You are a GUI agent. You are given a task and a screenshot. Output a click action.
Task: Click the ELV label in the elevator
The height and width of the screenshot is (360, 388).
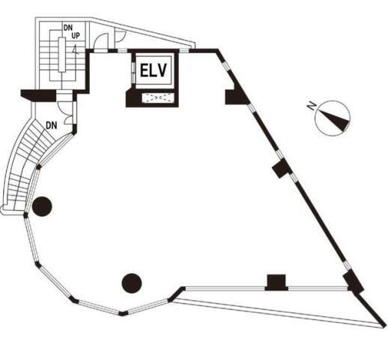pyautogui.click(x=154, y=70)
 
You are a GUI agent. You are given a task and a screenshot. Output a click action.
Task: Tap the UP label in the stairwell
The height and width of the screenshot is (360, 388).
pyautogui.click(x=76, y=36)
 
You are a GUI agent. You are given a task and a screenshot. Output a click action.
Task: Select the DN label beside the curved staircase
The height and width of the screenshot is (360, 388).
pyautogui.click(x=52, y=125)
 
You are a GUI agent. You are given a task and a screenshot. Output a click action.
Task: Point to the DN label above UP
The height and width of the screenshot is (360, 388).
pyautogui.click(x=67, y=28)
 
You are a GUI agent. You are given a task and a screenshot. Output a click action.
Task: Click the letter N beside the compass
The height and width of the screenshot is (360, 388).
pyautogui.click(x=312, y=106)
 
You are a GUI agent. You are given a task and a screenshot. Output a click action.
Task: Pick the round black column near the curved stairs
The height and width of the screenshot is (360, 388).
pyautogui.click(x=42, y=206)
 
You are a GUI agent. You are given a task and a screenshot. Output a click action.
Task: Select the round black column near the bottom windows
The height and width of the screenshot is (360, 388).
pyautogui.click(x=132, y=283)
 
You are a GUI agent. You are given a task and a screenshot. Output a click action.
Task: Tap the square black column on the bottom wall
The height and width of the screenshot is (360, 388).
pyautogui.click(x=276, y=283)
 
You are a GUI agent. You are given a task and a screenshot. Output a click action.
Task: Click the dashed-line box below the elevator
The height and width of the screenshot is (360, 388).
pyautogui.click(x=158, y=97)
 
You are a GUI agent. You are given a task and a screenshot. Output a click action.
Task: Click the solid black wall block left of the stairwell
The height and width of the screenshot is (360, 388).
pyautogui.click(x=38, y=95)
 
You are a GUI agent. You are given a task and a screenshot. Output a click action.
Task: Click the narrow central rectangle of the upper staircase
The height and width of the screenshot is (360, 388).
pyautogui.click(x=62, y=55)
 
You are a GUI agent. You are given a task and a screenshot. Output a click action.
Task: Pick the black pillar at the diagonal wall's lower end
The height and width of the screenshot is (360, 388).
pyautogui.click(x=353, y=283)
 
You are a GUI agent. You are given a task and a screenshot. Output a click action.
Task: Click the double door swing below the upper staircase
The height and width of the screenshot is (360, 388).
pyautogui.click(x=67, y=112)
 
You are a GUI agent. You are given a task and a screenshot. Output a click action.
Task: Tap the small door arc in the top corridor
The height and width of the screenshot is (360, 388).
pyautogui.click(x=120, y=37)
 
